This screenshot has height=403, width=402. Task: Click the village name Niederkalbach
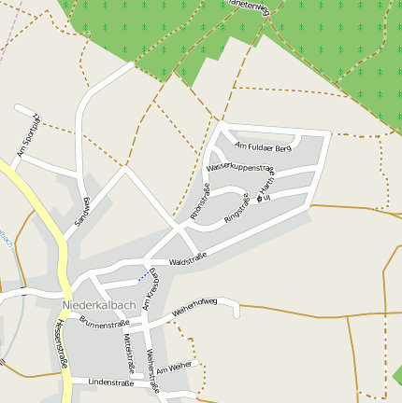tap(98, 305)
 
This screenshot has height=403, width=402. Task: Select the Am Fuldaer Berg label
tap(265, 146)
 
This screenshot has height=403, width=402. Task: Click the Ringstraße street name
tap(237, 208)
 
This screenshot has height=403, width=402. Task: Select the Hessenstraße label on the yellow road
tap(61, 344)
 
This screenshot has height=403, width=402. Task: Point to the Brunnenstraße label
tap(104, 324)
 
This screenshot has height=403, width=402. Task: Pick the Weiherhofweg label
tap(194, 306)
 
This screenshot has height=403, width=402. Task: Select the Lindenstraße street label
tap(108, 382)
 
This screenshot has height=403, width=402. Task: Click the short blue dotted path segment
tap(142, 276)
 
